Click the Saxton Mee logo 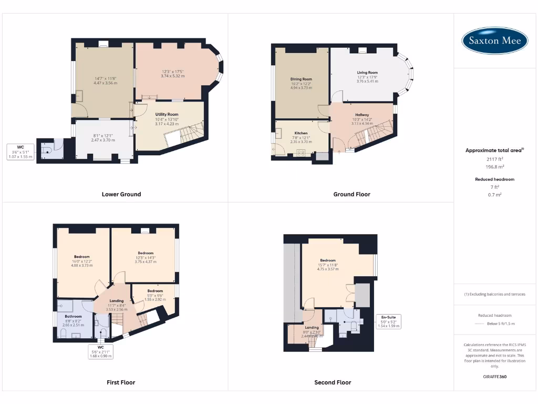point(495,41)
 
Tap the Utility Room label point(167,114)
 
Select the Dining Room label point(301,79)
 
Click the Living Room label point(367,73)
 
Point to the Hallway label point(362,115)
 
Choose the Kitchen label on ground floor point(301,133)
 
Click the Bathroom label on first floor point(73,316)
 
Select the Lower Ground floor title point(121,194)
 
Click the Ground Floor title point(351,194)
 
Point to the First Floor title point(121,382)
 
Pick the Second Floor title point(333,382)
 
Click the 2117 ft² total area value point(494,158)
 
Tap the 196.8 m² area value point(494,167)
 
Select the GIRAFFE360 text point(494,377)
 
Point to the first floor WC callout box point(101,351)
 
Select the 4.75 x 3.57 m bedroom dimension point(327,269)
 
